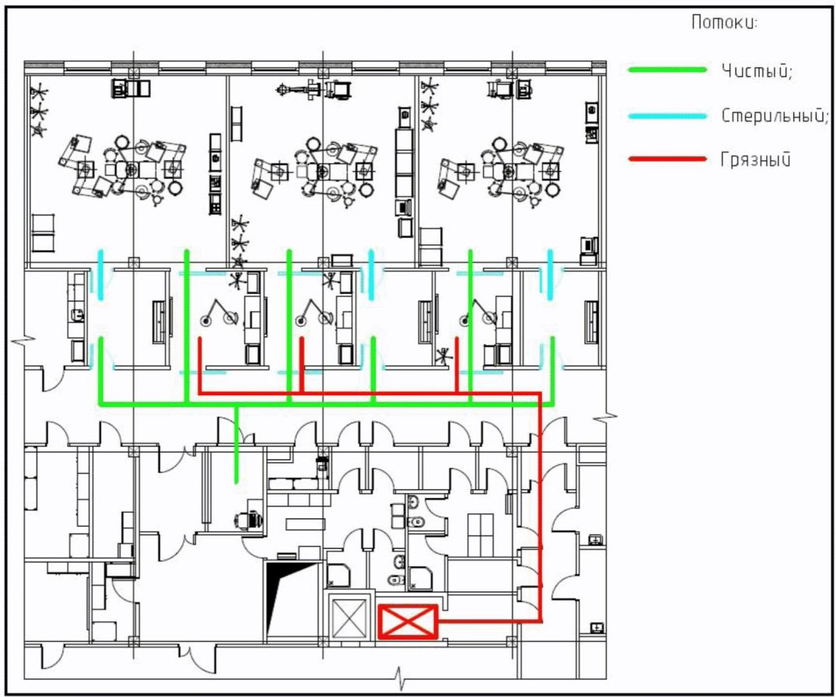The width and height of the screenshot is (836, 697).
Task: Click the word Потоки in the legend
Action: pos(722,23)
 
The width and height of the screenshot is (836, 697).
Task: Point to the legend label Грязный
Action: pos(755,161)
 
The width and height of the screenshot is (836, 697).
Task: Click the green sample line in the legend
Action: pos(667,70)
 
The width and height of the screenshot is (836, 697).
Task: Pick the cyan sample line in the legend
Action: pos(667,116)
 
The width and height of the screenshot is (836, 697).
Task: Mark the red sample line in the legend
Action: pos(667,160)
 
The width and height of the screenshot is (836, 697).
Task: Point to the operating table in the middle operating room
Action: pos(320,170)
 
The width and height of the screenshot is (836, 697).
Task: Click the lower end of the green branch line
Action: pos(236,482)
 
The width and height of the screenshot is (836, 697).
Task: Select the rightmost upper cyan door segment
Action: pos(551,273)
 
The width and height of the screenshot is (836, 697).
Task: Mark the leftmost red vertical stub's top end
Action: pos(200,340)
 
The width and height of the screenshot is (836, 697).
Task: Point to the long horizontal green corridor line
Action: pos(327,405)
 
